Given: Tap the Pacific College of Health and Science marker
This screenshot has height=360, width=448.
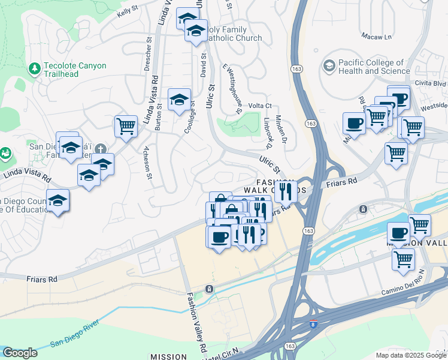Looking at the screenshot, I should tap(329, 65).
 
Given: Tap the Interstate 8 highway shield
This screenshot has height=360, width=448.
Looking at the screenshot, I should tap(314, 325).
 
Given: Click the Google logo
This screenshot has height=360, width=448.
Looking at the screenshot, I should tap(20, 353).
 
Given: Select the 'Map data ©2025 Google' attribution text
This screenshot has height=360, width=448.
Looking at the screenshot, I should tap(410, 355).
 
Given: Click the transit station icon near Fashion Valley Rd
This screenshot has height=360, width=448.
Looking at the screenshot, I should tap(208, 289).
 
